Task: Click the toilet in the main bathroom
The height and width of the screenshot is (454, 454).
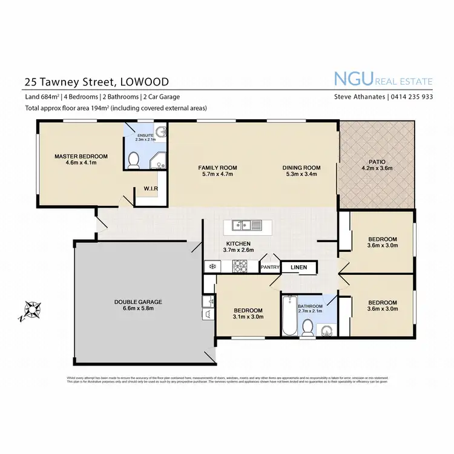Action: (308, 327)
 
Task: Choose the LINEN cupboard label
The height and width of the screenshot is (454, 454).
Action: (298, 266)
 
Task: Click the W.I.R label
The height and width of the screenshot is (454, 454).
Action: (151, 188)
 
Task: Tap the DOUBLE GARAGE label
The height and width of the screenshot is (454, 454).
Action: (138, 301)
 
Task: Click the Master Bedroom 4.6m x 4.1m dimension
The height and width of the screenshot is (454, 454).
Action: (81, 163)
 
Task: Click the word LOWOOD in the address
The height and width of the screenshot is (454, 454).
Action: (145, 81)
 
